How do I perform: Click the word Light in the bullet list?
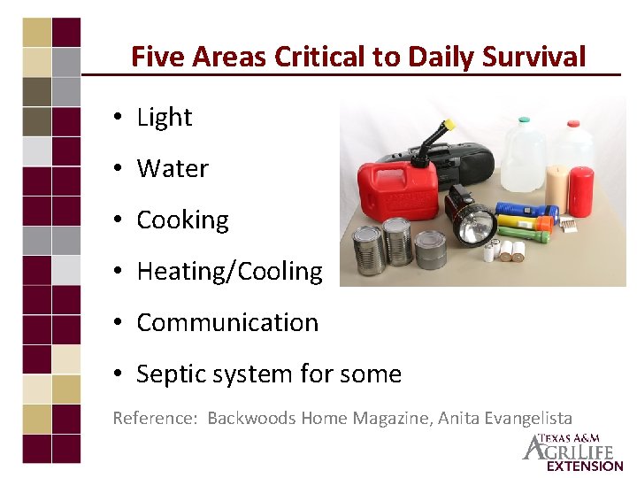click(165, 117)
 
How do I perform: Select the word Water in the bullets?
click(173, 168)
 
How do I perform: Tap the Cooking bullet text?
click(182, 220)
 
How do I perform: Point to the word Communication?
click(227, 322)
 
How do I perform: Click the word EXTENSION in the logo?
click(584, 466)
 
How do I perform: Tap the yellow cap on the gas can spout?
click(449, 125)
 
